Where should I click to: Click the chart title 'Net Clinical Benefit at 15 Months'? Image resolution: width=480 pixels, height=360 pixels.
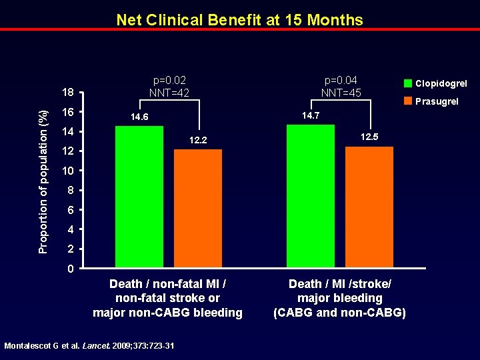[239, 19]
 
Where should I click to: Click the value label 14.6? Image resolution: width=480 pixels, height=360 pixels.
[139, 117]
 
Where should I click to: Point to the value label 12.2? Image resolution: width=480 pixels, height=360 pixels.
[198, 141]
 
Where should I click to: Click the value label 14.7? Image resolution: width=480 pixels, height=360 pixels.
[311, 116]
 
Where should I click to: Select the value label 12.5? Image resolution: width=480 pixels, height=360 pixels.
[369, 137]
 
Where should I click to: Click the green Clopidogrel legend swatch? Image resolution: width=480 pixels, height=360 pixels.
[407, 83]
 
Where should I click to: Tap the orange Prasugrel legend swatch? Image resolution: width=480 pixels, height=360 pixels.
[407, 101]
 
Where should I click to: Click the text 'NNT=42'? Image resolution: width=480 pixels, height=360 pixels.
[169, 93]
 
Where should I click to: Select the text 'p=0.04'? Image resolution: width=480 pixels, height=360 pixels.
[341, 80]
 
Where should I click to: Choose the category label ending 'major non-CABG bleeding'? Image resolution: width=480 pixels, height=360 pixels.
[167, 313]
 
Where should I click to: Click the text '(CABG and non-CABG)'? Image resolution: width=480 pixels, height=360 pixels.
[339, 313]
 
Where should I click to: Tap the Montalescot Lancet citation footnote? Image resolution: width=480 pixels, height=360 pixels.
[89, 345]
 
